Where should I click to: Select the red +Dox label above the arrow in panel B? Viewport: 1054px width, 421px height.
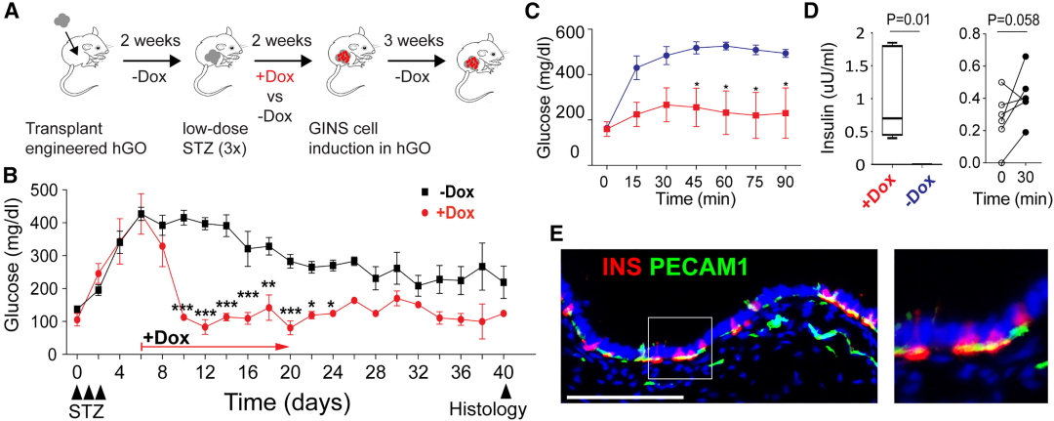coord(165,337)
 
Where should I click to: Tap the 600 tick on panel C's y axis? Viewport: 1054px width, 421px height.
coord(572,33)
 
